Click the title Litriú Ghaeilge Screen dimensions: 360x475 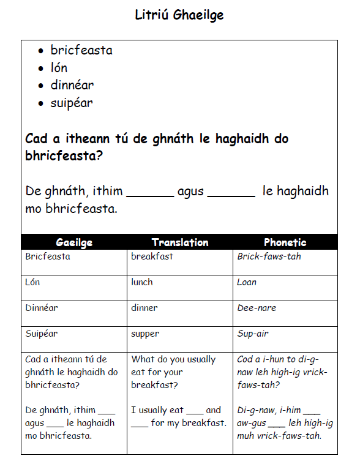coord(179,15)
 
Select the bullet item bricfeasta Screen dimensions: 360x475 coord(81,50)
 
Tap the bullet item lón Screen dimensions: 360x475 coord(59,67)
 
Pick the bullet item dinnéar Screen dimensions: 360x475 coord(72,85)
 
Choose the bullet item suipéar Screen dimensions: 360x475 coord(72,103)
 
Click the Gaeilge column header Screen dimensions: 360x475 coord(74,242)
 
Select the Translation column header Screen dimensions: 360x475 coord(180,242)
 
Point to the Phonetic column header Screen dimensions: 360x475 coord(285,242)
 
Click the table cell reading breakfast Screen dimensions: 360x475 coord(152,256)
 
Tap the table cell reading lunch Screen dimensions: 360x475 coord(142,282)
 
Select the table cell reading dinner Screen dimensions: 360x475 coord(144,308)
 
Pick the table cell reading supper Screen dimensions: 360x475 coord(145,334)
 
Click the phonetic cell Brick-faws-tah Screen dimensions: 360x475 coord(269,256)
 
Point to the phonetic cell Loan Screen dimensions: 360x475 coord(247,282)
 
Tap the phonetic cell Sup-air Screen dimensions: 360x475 coord(253,334)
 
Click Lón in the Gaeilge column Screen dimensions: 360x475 coord(33,282)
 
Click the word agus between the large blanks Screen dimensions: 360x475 coord(190,192)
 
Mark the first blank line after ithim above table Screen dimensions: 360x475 coord(150,195)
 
